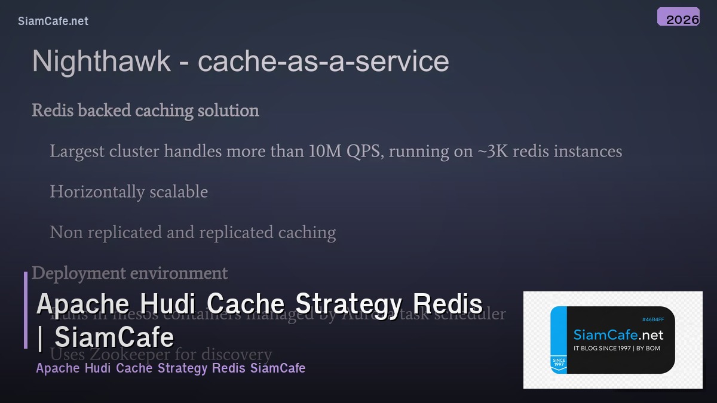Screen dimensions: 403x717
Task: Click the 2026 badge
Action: pyautogui.click(x=678, y=17)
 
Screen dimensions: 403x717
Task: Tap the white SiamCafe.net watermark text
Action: pyautogui.click(x=53, y=21)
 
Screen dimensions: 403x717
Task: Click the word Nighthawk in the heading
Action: pyautogui.click(x=102, y=61)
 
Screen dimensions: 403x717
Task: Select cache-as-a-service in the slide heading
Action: pyautogui.click(x=323, y=61)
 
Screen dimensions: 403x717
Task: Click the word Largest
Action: pyautogui.click(x=76, y=152)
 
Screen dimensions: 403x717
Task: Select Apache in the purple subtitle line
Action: pyautogui.click(x=58, y=368)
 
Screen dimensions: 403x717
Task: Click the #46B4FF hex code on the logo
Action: pyautogui.click(x=653, y=319)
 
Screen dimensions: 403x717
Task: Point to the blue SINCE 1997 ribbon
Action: pyautogui.click(x=559, y=363)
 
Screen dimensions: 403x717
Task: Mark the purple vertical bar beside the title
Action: pyautogui.click(x=26, y=310)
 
